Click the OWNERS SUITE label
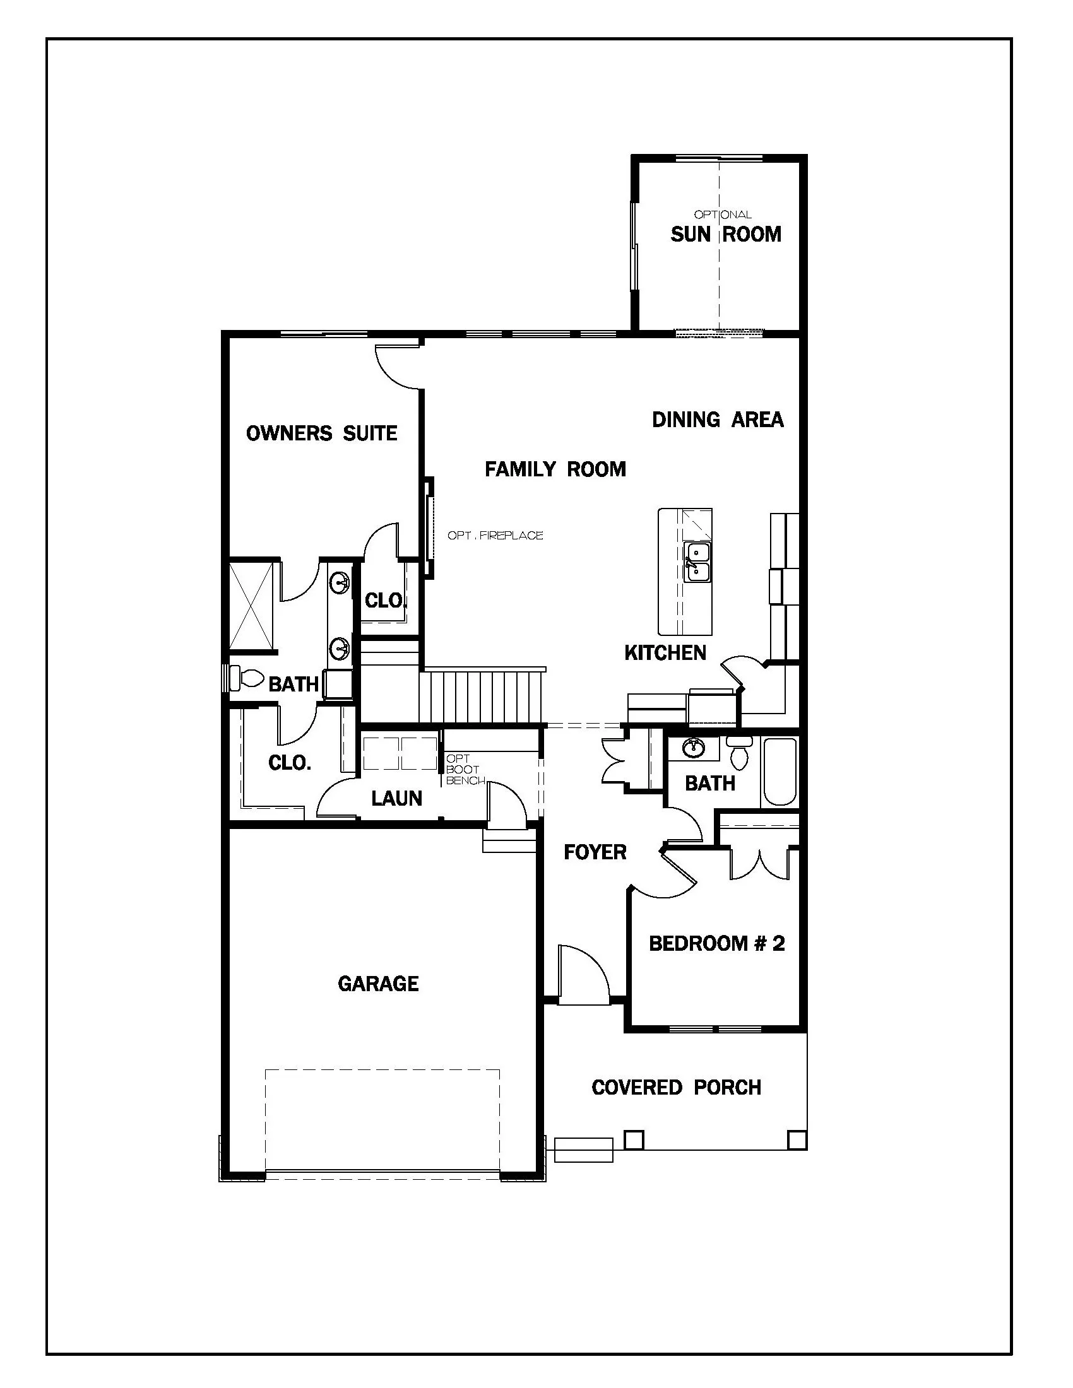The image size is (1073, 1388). [x=322, y=433]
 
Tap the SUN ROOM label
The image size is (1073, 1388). [x=725, y=235]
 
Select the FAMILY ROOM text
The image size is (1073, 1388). [x=555, y=469]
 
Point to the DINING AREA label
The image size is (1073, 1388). [x=718, y=420]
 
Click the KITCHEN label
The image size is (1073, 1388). [x=665, y=653]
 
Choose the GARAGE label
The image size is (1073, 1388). [x=378, y=984]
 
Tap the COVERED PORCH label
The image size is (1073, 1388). [x=677, y=1088]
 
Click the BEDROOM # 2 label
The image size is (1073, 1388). [x=716, y=944]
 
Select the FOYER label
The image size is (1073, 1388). [x=595, y=852]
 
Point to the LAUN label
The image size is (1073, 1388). [x=396, y=798]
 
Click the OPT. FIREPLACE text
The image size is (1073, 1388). [x=495, y=536]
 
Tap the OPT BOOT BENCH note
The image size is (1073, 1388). [x=465, y=770]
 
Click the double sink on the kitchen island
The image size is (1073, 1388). [x=697, y=562]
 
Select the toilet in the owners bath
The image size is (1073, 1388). [x=248, y=678]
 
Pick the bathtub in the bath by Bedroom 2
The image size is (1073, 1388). [x=780, y=771]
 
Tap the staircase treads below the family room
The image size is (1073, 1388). [x=483, y=697]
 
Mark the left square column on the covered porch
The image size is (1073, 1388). [x=634, y=1139]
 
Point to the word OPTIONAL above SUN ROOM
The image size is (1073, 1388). [x=722, y=215]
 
